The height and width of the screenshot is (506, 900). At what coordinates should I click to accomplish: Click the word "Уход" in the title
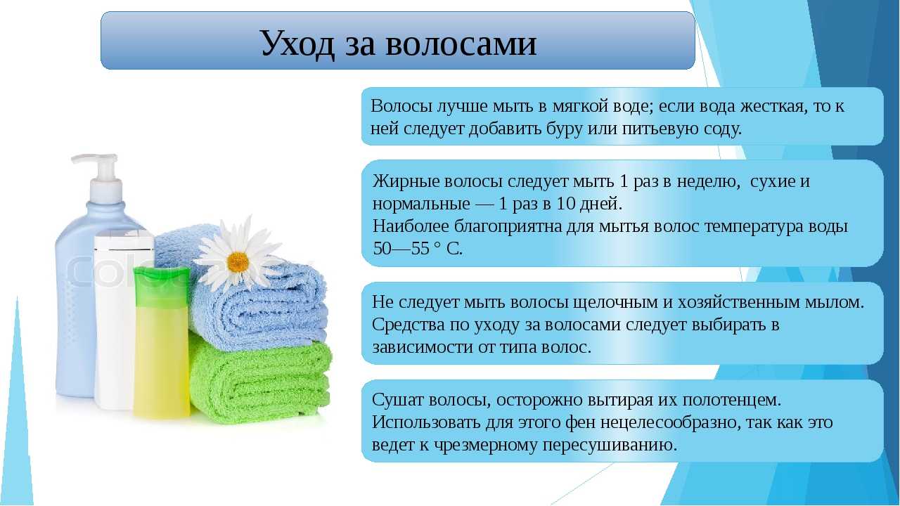[x=297, y=44]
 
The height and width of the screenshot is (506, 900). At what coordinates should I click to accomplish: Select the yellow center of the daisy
[x=238, y=262]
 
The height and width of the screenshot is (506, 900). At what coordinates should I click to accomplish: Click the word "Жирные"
[x=406, y=181]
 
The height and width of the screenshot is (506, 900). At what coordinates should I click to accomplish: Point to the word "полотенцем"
[x=732, y=401]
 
